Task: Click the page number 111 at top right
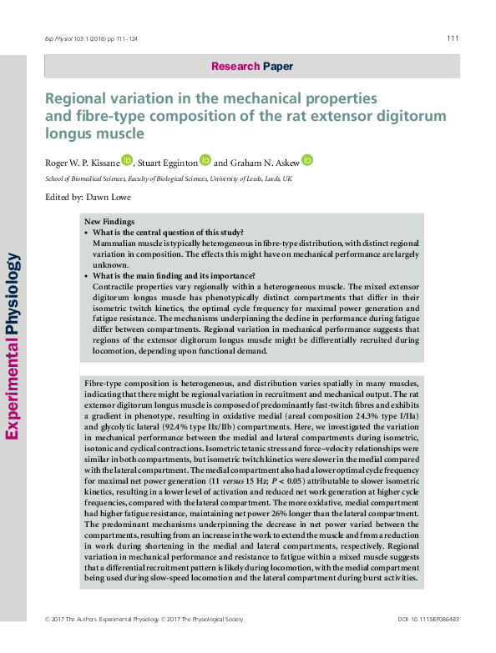453,38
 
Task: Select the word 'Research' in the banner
236,66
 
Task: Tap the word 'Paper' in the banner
278,66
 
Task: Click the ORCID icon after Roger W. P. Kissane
127,159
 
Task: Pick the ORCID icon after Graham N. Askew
306,159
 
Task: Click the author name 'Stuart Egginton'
169,162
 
